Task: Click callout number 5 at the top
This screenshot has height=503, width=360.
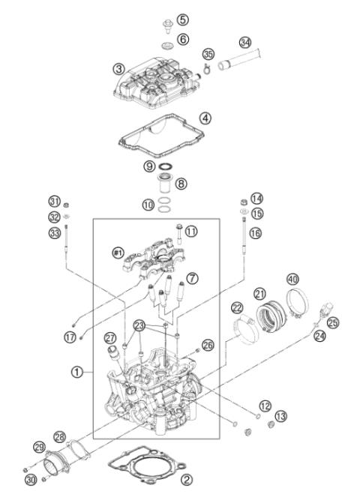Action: coord(182,19)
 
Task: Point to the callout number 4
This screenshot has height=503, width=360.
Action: coord(205,118)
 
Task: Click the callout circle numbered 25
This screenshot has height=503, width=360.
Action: coord(333,322)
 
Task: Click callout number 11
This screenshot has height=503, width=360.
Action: coord(192,232)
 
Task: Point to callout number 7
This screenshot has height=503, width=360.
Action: coord(193,278)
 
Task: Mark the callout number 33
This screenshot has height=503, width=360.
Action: coord(53,232)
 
